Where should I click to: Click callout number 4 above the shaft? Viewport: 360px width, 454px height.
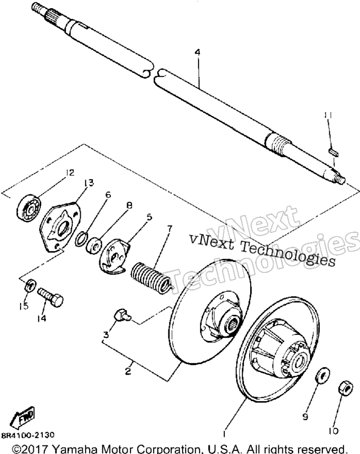[x=197, y=52]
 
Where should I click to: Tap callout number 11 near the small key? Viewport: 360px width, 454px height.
[x=328, y=115]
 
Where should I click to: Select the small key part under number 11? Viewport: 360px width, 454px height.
[x=334, y=152]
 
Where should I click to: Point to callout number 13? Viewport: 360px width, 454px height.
[x=89, y=183]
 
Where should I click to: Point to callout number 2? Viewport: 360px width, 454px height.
[x=128, y=371]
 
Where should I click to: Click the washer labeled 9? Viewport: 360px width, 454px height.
[x=322, y=375]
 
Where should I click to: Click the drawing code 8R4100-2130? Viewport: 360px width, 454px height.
[x=28, y=435]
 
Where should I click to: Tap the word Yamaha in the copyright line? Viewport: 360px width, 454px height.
[x=72, y=449]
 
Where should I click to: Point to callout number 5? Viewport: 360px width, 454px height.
[x=149, y=217]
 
